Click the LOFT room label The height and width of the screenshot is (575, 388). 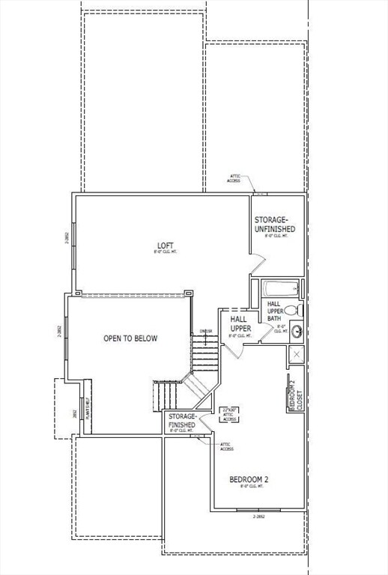[165, 246]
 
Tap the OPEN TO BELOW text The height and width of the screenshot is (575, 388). [130, 338]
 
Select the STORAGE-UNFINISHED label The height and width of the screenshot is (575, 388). [274, 224]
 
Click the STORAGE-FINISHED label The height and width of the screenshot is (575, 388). [182, 419]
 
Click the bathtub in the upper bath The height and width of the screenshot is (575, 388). [279, 288]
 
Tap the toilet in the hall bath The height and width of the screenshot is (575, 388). [292, 309]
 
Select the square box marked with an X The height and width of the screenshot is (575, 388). [297, 354]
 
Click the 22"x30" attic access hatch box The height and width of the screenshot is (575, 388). [229, 414]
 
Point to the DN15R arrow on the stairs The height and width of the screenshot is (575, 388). [205, 332]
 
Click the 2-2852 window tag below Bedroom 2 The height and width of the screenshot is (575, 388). [259, 516]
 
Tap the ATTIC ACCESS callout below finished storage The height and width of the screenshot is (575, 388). [226, 446]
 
